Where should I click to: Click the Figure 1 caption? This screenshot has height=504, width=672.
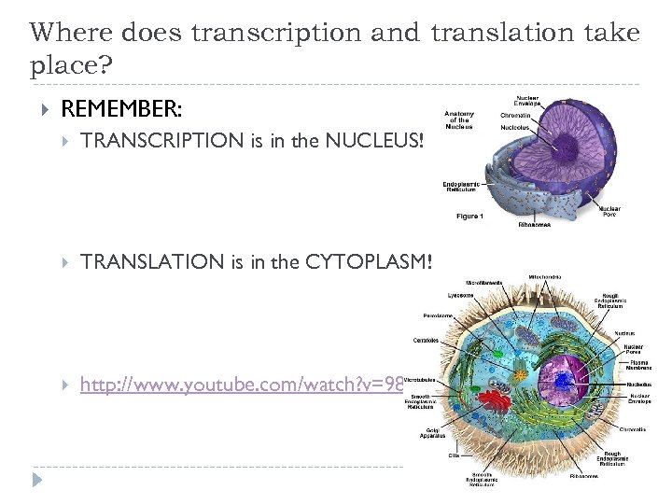pos(469,217)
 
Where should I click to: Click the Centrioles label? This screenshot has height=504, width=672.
pos(426,340)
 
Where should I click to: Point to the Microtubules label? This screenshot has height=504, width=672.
pos(421,379)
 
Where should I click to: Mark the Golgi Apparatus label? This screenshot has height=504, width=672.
pos(430,435)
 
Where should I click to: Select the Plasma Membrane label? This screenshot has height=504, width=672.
pos(639,364)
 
